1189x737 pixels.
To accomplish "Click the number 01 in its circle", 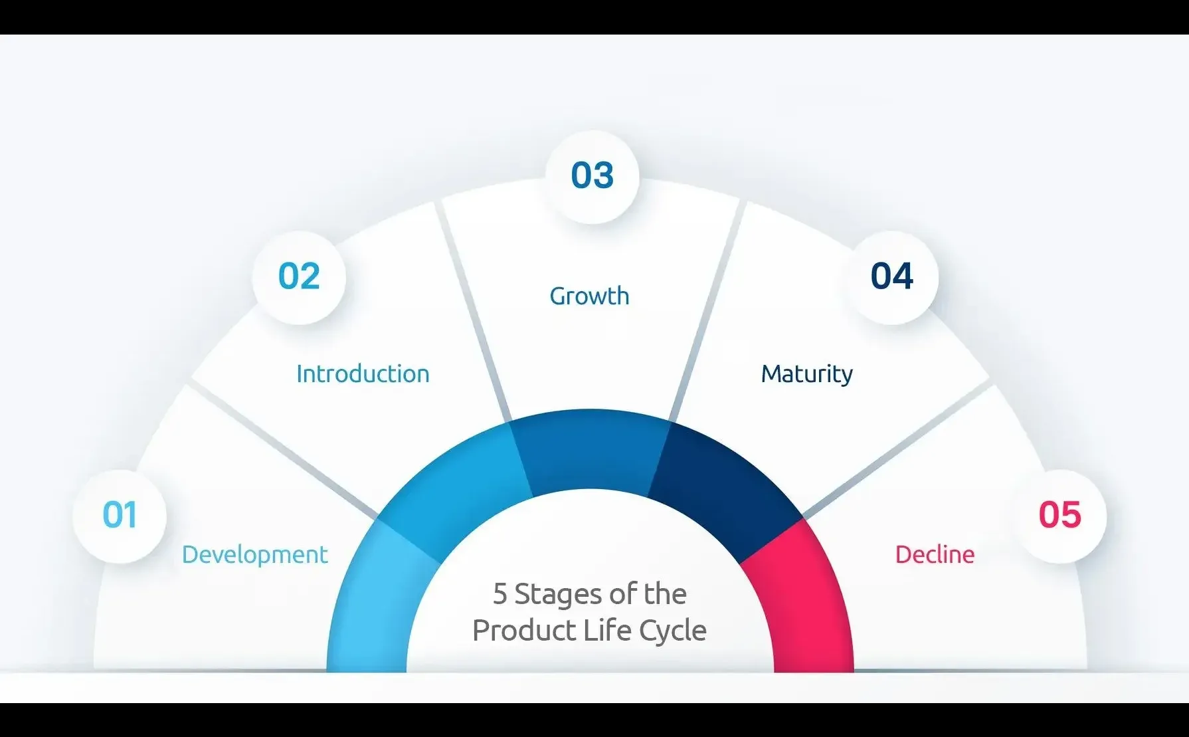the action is coord(120,515).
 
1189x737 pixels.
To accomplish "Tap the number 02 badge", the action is coord(299,276).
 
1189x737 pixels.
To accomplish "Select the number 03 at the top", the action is coord(593,175).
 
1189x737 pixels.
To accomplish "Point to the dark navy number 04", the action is coord(892,276).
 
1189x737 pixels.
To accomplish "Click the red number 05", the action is coord(1060,515).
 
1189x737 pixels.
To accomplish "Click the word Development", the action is coord(255,555).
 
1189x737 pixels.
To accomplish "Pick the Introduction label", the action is coord(363,374).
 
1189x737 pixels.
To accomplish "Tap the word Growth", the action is coord(590,296).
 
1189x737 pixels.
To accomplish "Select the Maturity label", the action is coord(807,374).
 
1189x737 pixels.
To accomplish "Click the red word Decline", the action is coord(935,555).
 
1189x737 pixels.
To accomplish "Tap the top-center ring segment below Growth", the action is coord(590,449).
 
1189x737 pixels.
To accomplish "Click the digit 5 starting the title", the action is coord(500,594).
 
